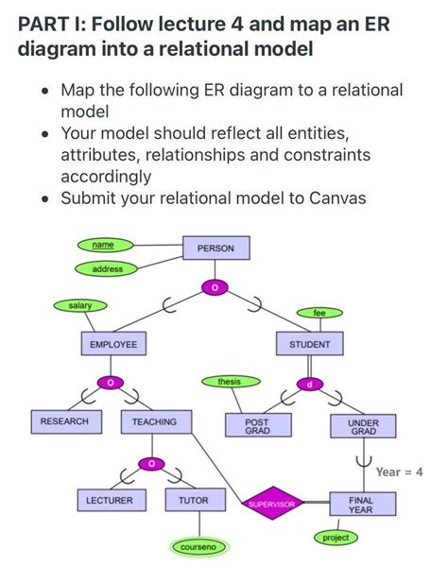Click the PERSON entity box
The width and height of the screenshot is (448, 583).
[x=215, y=249]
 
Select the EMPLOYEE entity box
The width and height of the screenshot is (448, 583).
[x=112, y=345]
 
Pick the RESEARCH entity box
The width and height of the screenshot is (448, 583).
[x=65, y=421]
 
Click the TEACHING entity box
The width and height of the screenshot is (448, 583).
[x=154, y=421]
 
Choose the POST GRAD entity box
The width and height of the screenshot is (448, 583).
[x=256, y=426]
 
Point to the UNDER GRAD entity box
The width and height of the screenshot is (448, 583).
[x=363, y=427]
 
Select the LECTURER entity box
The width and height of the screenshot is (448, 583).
[x=110, y=499]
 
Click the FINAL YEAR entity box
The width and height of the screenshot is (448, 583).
[x=362, y=504]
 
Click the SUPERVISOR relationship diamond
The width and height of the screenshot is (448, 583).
[x=272, y=505]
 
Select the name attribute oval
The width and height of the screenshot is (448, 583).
[x=103, y=245]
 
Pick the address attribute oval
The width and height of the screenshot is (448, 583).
[x=107, y=269]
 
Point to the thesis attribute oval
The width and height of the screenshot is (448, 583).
[x=229, y=382]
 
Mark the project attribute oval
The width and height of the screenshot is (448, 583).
[x=336, y=538]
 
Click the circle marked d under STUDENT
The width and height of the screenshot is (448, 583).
[x=309, y=383]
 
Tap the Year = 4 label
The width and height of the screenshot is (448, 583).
[x=399, y=472]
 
